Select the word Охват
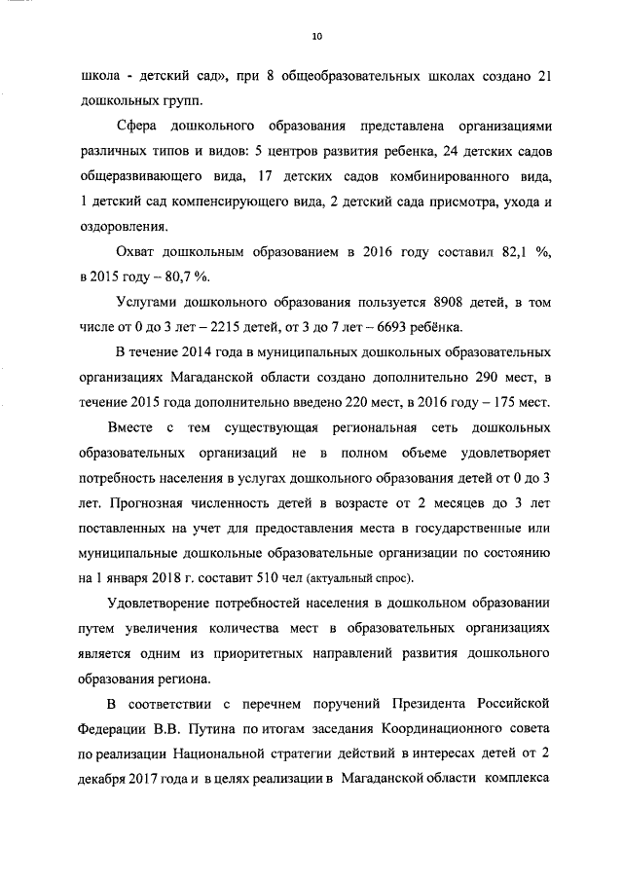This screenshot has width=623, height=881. tap(139, 251)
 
